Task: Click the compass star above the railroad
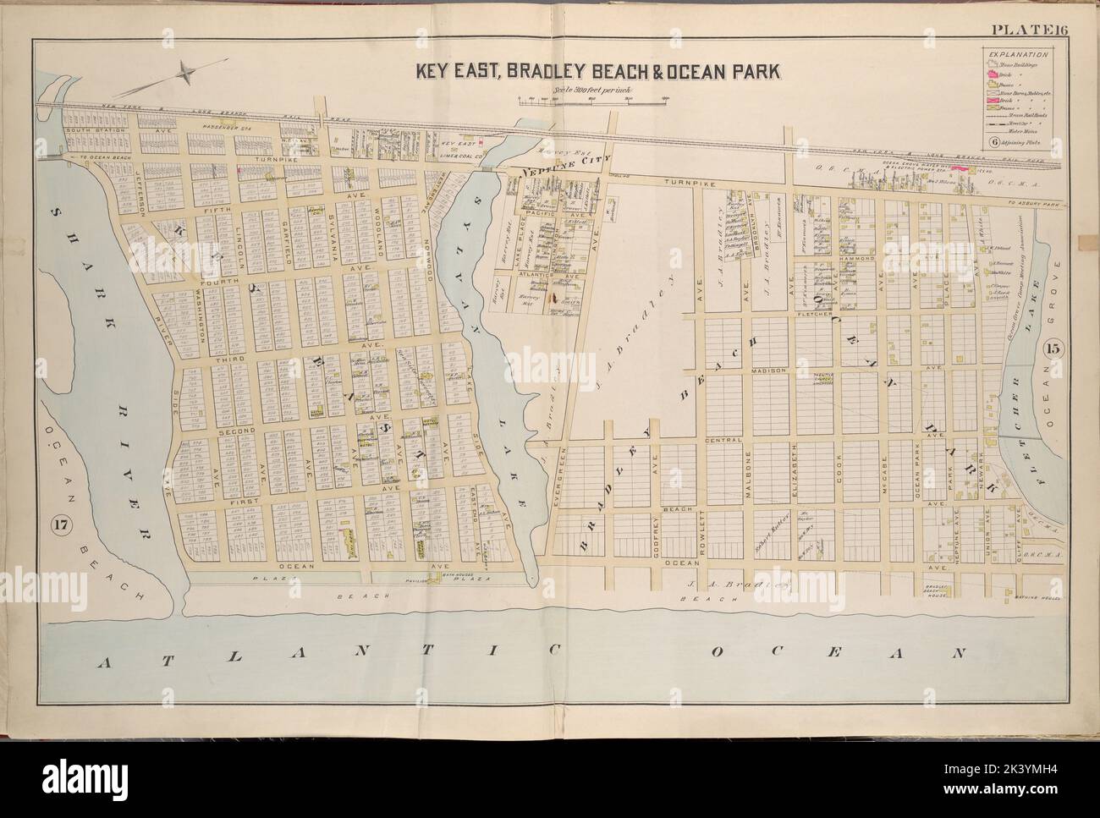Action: click(180, 74)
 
